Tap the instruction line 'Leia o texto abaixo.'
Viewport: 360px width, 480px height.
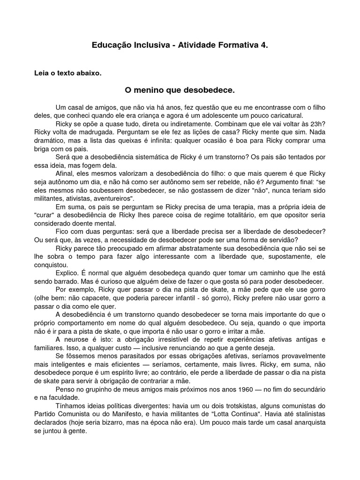click(67, 73)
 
